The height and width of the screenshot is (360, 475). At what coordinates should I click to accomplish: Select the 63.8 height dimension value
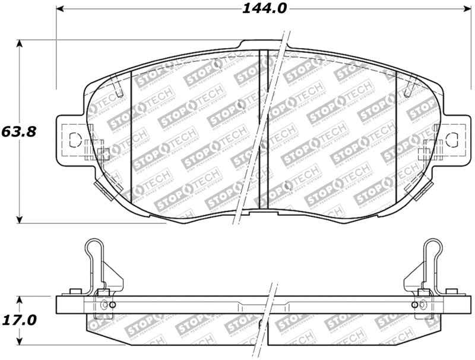point(20,131)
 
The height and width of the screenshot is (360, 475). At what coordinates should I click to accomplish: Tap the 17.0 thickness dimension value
point(20,320)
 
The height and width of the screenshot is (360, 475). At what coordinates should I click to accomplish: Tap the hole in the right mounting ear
point(452,140)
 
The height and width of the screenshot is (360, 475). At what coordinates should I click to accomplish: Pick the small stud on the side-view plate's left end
point(75,292)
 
